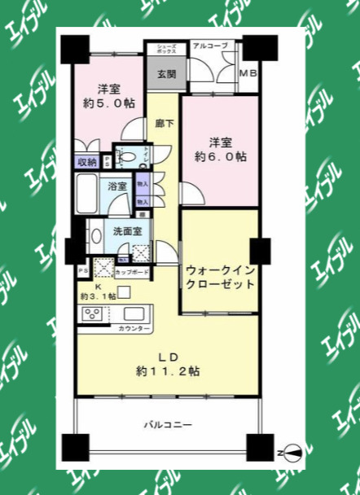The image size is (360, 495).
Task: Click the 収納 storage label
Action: click(87, 162)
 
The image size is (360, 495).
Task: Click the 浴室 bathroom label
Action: click(118, 186)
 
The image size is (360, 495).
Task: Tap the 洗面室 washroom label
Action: click(129, 231)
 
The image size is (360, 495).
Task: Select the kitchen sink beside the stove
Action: click(131, 314)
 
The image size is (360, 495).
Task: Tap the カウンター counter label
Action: click(134, 328)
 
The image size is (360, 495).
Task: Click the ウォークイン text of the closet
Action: click(220, 269)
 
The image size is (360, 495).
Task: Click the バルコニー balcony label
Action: click(169, 424)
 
